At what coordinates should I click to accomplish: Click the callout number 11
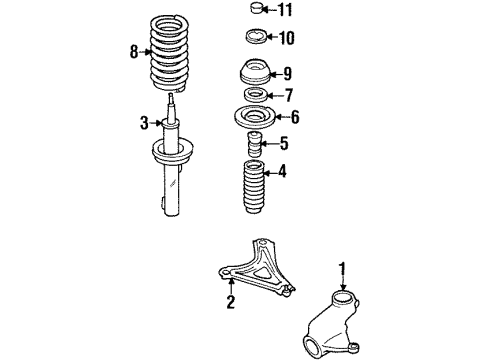[x=285, y=9]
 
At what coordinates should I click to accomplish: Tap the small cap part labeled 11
[x=256, y=8]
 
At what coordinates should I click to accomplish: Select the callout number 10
[x=286, y=38]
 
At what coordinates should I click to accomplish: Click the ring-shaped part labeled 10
[x=256, y=37]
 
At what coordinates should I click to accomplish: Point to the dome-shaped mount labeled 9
[x=256, y=72]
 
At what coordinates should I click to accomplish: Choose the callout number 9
[x=287, y=74]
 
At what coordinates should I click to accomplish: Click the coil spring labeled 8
[x=169, y=53]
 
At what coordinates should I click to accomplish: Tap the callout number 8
[x=134, y=52]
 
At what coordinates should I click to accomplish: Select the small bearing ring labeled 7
[x=255, y=95]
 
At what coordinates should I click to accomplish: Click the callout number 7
[x=289, y=95]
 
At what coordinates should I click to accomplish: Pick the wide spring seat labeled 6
[x=255, y=117]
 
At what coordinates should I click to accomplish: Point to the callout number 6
[x=295, y=117]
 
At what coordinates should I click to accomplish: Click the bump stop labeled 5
[x=254, y=144]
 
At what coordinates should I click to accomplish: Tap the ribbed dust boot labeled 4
[x=253, y=187]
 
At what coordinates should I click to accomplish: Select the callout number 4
[x=282, y=171]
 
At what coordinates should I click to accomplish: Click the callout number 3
[x=144, y=123]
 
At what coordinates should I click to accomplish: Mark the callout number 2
[x=231, y=302]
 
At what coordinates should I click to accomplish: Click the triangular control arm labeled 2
[x=257, y=268]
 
